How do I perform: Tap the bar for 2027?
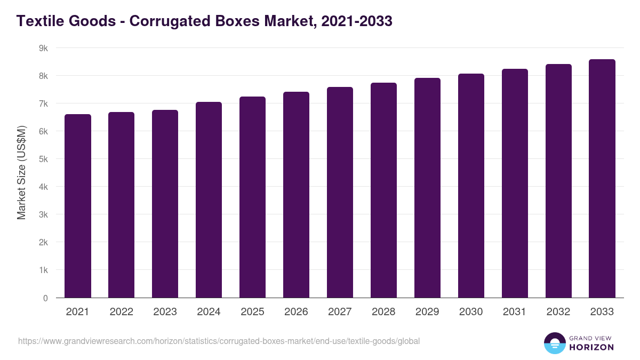pos(340,193)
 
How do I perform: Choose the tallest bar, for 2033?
pos(602,179)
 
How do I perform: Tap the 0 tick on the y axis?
pos(46,298)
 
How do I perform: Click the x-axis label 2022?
pos(121,312)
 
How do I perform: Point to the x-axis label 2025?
pos(252,312)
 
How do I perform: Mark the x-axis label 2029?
pos(427,312)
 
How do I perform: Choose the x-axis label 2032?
pos(558,312)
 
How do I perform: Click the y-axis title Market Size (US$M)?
pos(21,172)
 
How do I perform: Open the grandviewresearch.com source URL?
pos(219,341)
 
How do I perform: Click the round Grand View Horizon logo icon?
pos(554,343)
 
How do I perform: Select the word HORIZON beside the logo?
pos(591,347)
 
